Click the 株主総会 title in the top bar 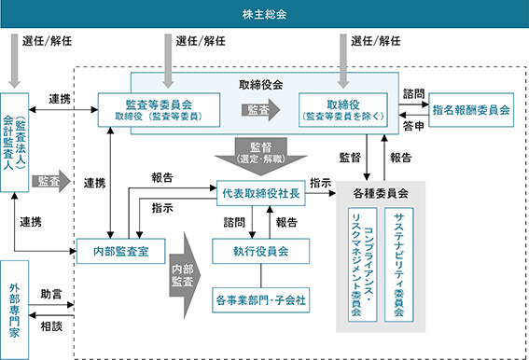(265, 14)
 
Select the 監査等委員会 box (159, 110)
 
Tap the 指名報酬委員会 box (471, 110)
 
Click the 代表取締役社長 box (261, 193)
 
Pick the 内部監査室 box (120, 251)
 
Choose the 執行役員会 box (261, 251)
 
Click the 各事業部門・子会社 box (261, 300)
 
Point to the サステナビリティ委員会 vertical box (399, 265)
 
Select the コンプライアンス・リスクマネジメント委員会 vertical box (362, 265)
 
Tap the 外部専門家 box (14, 310)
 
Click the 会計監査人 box (14, 143)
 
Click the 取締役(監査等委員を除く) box (343, 110)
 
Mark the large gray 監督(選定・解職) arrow (261, 156)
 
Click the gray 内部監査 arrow (185, 275)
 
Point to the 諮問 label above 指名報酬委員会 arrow (413, 93)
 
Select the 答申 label (413, 126)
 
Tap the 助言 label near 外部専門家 (51, 294)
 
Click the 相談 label (51, 326)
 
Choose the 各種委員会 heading (381, 193)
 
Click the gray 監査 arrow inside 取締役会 (261, 110)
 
